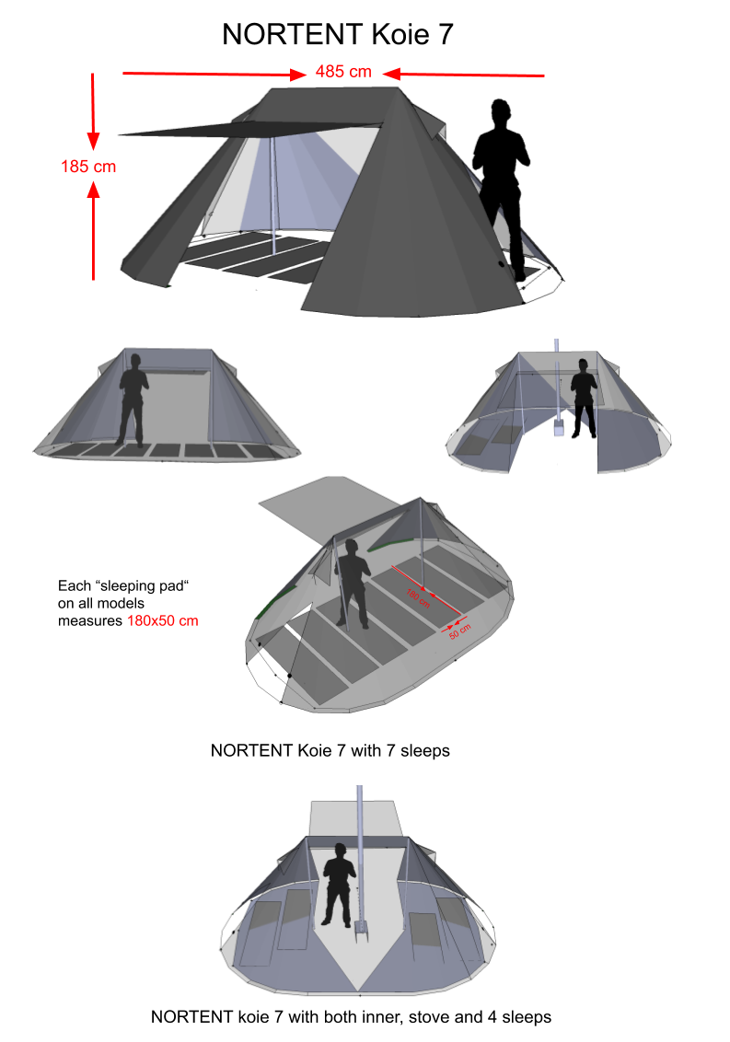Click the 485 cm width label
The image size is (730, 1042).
click(x=343, y=71)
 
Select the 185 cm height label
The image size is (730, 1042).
click(x=88, y=167)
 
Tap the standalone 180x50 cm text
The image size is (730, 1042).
click(x=162, y=620)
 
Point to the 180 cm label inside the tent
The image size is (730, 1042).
click(x=418, y=597)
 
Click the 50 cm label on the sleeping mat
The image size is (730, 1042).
click(x=458, y=631)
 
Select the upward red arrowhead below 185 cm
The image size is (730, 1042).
click(x=93, y=190)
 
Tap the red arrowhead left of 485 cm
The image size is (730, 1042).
click(x=297, y=74)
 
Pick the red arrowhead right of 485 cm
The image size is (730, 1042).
click(x=390, y=74)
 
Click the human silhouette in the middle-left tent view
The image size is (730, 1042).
click(x=133, y=398)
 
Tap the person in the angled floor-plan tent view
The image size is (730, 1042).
click(x=351, y=582)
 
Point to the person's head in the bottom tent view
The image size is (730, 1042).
click(x=339, y=849)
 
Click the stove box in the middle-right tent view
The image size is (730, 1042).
click(x=558, y=429)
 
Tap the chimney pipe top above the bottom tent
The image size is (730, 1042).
click(x=359, y=790)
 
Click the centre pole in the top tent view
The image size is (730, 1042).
click(x=273, y=198)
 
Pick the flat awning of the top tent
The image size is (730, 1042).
click(x=249, y=130)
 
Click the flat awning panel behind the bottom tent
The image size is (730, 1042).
click(x=353, y=818)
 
